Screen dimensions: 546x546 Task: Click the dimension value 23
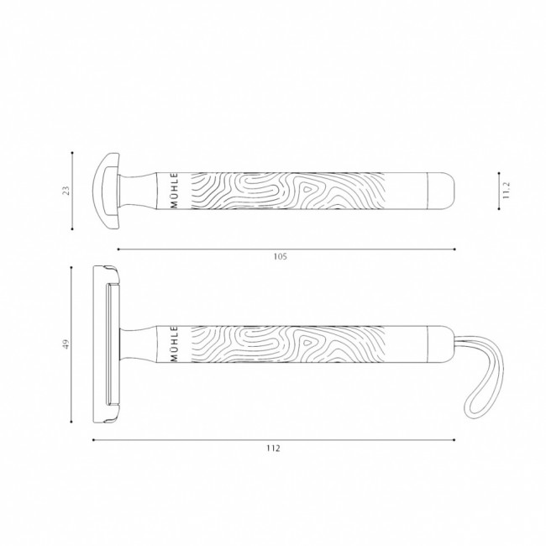(66, 191)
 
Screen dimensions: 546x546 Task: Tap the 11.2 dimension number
(507, 190)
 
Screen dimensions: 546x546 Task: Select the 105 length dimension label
(280, 257)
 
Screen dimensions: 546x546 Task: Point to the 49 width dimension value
(66, 344)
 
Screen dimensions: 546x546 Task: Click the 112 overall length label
(273, 449)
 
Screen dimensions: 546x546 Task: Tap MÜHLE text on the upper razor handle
(175, 191)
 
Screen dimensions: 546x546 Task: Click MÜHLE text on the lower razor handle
(175, 344)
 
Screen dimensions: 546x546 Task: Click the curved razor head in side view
(106, 191)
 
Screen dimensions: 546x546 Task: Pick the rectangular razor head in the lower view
(106, 344)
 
